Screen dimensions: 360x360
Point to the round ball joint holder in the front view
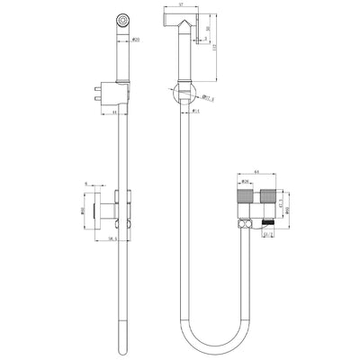184,90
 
